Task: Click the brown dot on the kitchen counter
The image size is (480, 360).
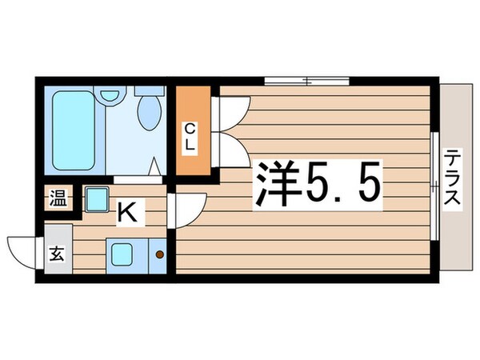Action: [x=159, y=255]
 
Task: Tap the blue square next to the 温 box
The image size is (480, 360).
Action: [x=97, y=198]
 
